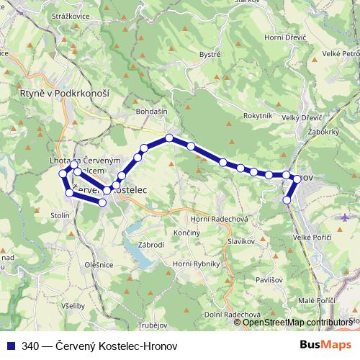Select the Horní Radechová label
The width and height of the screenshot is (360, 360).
pos(219,220)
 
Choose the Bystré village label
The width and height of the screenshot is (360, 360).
pos(210,54)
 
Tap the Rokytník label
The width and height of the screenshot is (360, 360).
pos(258,116)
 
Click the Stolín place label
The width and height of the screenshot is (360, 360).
pos(60,215)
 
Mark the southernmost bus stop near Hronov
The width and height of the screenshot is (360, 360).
pos(288,199)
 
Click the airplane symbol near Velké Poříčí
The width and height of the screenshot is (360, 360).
pos(346,217)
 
